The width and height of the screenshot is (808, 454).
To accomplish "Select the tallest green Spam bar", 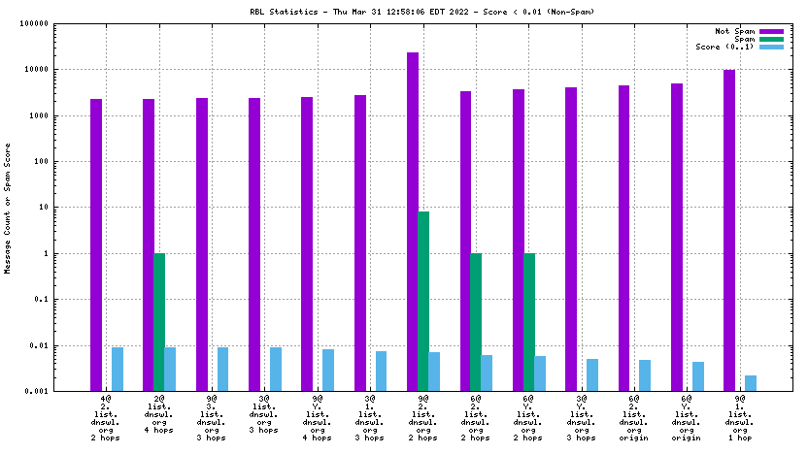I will point(423,301).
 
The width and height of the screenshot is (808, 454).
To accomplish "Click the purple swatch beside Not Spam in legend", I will point(771,32).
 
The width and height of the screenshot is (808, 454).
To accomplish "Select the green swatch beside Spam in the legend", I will point(771,40).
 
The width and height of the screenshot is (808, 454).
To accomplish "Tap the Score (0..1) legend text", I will point(724,48).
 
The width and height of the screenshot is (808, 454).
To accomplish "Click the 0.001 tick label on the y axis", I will point(60,391).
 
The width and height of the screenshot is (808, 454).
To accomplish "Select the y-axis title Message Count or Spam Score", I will point(8,209).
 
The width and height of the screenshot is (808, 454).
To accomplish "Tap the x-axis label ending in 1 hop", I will point(740,417).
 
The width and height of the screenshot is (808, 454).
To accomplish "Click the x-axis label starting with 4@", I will point(106,417).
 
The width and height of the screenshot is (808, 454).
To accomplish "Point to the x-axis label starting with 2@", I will point(158,417).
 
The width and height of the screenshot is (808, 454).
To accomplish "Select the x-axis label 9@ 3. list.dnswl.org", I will point(212,417).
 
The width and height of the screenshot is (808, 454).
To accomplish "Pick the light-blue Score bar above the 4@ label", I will point(118,369).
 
